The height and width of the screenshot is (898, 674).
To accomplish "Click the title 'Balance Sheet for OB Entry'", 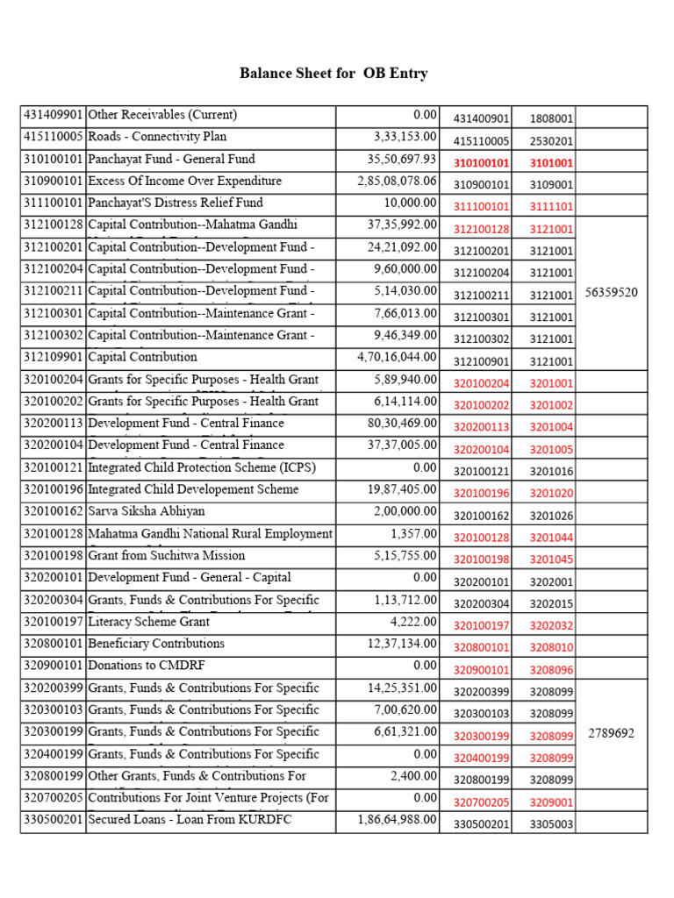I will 333,74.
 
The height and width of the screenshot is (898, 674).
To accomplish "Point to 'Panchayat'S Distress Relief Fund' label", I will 176,203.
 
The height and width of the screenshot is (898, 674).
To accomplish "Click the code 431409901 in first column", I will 53,115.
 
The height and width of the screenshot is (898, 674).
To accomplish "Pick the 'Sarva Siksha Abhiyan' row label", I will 147,511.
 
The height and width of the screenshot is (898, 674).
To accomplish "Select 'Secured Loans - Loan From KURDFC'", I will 190,820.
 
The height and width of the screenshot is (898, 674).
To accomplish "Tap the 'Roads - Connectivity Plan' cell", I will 157,137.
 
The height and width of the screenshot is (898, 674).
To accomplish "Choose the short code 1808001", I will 551,118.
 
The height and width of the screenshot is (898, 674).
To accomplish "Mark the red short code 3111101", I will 551,207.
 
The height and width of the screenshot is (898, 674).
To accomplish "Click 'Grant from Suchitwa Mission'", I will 167,556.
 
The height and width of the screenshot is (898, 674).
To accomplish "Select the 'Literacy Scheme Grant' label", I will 149,622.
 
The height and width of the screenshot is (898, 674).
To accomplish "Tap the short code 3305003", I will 551,824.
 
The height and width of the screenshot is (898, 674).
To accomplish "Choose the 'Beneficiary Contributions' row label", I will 156,644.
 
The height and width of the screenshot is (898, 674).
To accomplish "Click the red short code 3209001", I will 551,802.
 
